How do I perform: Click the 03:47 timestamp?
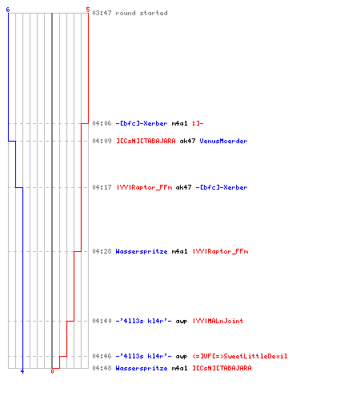(x=102, y=13)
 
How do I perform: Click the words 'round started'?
(x=142, y=13)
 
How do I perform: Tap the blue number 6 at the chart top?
(x=8, y=10)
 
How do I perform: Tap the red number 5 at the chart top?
(x=88, y=10)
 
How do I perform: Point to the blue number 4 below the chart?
(x=22, y=371)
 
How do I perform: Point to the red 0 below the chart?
(x=52, y=371)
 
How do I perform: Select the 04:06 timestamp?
(x=102, y=123)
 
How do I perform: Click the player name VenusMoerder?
(x=223, y=141)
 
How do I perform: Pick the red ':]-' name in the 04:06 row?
(x=198, y=123)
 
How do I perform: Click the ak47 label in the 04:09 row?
(x=187, y=141)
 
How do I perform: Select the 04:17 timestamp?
(x=102, y=187)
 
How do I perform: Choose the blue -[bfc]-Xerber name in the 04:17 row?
(x=222, y=187)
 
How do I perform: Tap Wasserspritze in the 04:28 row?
(x=142, y=251)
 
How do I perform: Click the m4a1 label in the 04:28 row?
(x=179, y=251)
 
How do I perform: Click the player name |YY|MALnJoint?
(x=218, y=321)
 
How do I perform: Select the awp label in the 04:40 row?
(x=182, y=322)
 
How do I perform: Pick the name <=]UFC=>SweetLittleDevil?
(x=240, y=356)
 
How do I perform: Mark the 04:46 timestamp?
(x=102, y=356)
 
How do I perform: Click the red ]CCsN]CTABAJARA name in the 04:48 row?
(x=222, y=368)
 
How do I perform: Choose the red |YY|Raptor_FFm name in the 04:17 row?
(x=144, y=187)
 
